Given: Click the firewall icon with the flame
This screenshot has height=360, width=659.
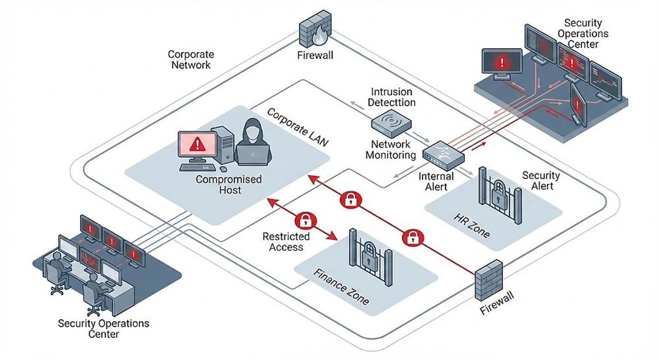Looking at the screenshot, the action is coord(315,29).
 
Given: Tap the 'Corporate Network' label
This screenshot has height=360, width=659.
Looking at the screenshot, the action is coord(191,60).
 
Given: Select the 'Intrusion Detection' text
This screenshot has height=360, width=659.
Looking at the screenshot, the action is coord(392,97).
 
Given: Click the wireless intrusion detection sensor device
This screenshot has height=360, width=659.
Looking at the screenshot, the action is coord(391,124).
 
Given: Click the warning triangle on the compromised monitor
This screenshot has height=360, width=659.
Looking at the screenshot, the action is coord(198,145).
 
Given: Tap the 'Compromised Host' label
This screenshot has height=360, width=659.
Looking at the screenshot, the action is coord(229,185).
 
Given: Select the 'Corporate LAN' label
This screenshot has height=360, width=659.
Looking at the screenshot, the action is coord(297,127).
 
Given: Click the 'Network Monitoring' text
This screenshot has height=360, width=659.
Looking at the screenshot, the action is coord(391,150).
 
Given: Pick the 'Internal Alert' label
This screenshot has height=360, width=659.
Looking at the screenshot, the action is coord(436,182).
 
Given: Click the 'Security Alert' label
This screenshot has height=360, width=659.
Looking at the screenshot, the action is coord(541,180).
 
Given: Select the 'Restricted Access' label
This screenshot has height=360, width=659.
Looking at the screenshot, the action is coord(286,242).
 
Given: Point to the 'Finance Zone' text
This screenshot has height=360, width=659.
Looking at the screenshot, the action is coord(341,287).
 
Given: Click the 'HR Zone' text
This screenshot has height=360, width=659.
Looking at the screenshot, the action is coord(472,226).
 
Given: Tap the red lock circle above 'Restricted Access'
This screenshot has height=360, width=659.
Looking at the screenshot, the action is coord(305,220).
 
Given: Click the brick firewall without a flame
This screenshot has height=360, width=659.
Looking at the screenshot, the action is coord(489,280).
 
